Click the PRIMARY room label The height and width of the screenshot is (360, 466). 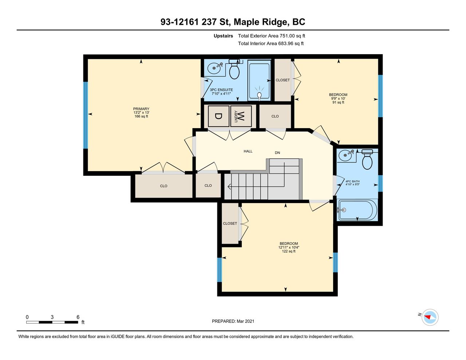[141, 109]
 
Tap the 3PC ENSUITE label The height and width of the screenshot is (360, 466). [221, 90]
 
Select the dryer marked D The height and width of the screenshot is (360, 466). [218, 116]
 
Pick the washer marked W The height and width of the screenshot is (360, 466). [241, 116]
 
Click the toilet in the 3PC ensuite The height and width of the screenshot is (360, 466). [234, 69]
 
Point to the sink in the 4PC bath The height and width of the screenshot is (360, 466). [346, 155]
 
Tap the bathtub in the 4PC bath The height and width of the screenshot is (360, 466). [357, 210]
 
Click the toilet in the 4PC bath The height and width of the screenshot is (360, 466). [367, 159]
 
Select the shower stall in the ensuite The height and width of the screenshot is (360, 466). [259, 80]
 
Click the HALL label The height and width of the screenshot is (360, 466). [248, 151]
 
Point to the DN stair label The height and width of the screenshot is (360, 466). [277, 153]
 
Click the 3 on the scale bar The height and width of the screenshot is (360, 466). [52, 317]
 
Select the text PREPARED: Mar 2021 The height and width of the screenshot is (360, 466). [233, 321]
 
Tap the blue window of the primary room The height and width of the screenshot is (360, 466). [86, 115]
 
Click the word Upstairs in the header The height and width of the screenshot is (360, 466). [223, 36]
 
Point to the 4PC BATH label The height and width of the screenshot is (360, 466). [352, 181]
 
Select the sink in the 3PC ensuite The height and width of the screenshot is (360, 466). [214, 68]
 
